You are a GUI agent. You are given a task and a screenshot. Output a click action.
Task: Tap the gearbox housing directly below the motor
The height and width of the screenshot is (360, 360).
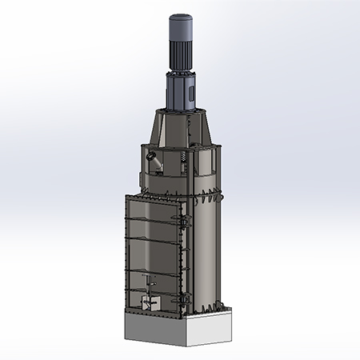181,92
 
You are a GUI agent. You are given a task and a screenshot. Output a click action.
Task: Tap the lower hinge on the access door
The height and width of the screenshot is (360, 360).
184,300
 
